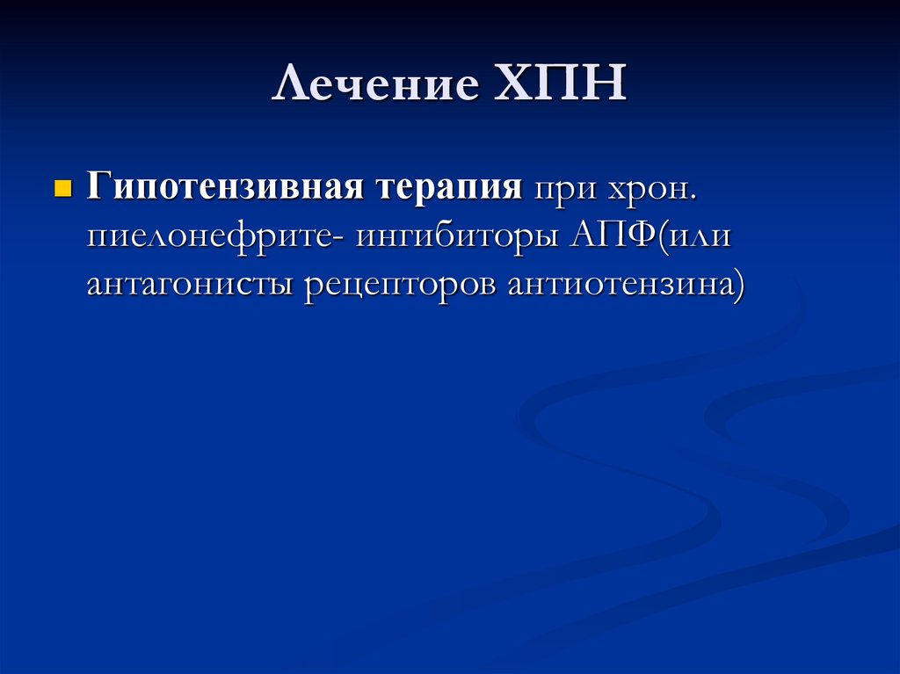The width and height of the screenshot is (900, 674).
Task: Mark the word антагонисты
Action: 189,286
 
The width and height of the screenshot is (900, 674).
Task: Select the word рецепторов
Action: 400,286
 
